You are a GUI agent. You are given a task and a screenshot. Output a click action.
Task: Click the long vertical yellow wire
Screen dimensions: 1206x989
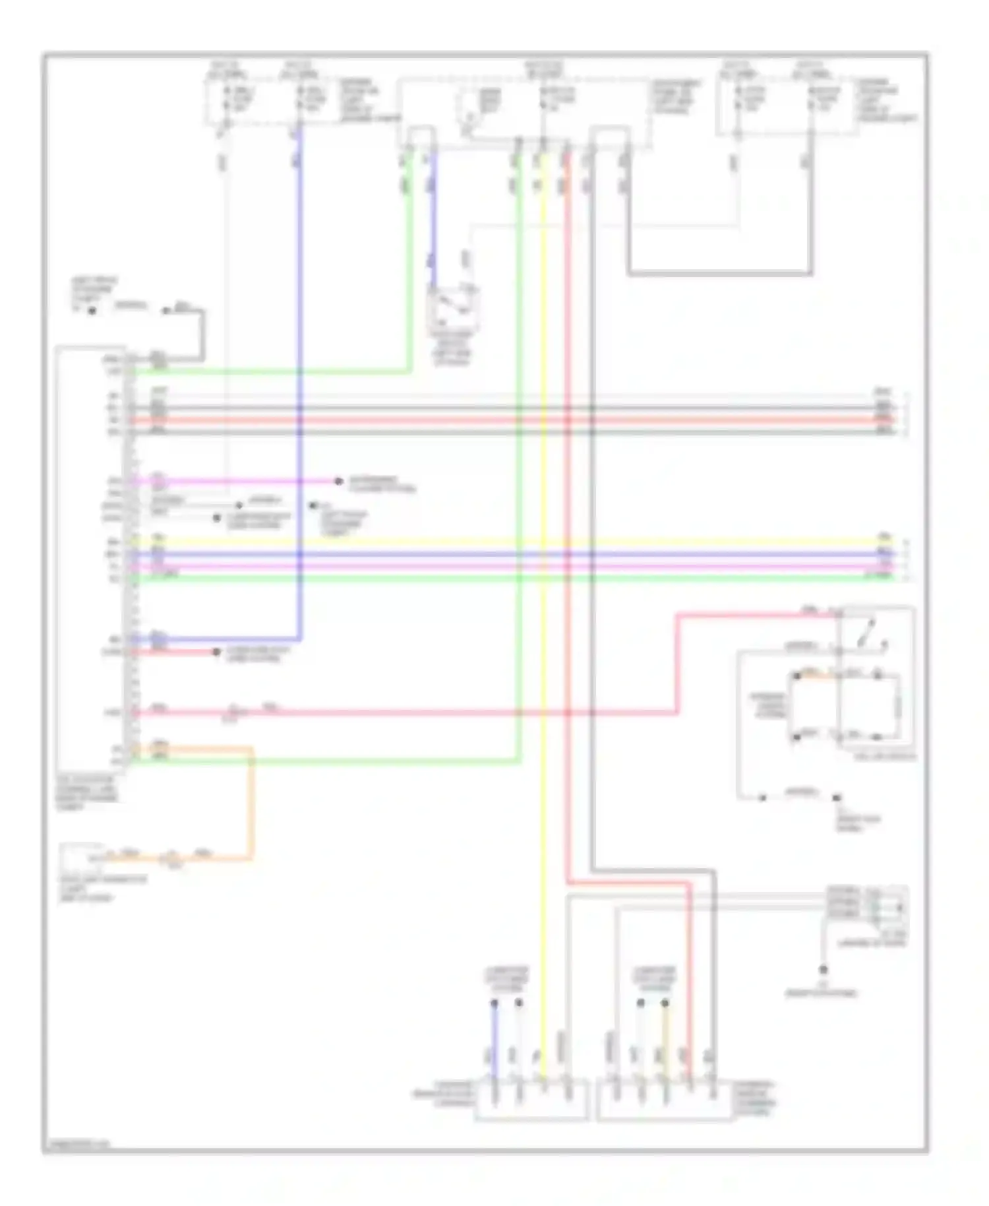[x=543, y=660]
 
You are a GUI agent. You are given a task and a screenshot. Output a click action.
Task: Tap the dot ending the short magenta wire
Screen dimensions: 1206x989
[x=338, y=482]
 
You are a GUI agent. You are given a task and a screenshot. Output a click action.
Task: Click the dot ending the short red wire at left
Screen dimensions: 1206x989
[x=216, y=652]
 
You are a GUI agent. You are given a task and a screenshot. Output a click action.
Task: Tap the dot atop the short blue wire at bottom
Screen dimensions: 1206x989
[x=494, y=1003]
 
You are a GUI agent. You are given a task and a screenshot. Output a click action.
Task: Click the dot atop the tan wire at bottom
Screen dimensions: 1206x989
[x=665, y=1003]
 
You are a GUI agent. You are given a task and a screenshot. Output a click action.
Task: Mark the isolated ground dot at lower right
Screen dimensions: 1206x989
[x=823, y=970]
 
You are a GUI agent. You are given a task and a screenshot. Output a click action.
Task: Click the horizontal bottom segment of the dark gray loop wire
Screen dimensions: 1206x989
[x=719, y=272]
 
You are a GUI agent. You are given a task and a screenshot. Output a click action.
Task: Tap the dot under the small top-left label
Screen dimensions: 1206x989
[x=92, y=310]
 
